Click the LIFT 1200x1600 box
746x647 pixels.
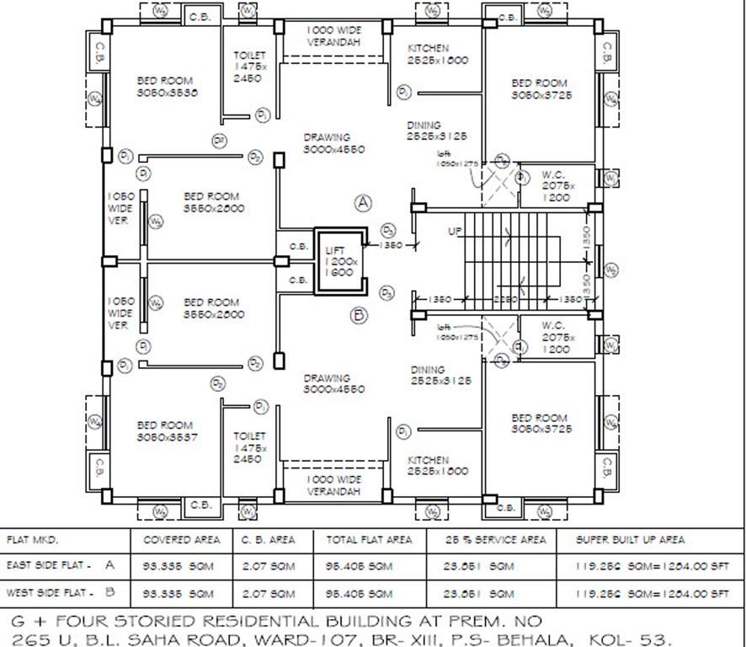point(341,261)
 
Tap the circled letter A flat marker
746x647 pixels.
point(363,203)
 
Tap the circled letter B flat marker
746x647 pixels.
point(359,316)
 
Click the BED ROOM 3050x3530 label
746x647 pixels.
point(167,88)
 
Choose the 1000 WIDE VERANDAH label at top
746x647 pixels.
point(333,35)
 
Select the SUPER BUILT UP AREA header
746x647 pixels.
point(630,539)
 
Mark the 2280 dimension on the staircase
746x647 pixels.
point(505,299)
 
